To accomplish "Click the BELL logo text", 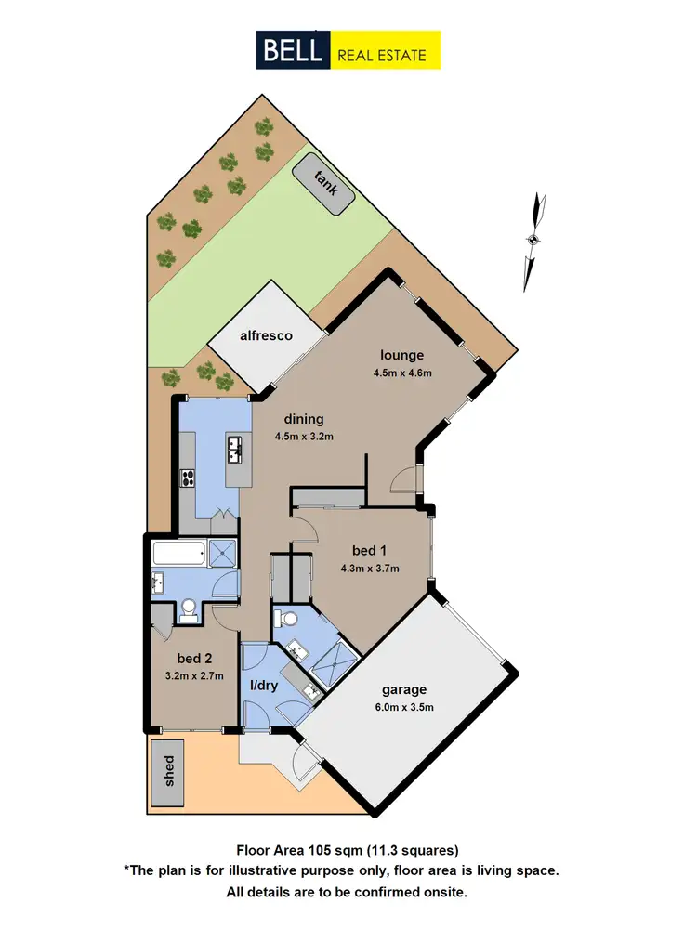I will [x=291, y=50].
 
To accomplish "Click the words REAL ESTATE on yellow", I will [x=382, y=54].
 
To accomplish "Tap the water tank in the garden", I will [x=322, y=184].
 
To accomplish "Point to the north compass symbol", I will [x=533, y=240].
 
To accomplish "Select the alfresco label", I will [x=266, y=335].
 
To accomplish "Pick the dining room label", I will [x=304, y=419].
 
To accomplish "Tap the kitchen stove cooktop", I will [x=187, y=478].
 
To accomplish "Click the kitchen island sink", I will [x=235, y=452].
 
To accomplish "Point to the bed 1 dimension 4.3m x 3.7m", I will [x=370, y=569].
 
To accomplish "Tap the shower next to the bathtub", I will [x=223, y=554].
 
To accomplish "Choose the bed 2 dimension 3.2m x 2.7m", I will [x=193, y=676].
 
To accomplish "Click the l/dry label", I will [x=265, y=686].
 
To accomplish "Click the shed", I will [x=169, y=770].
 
